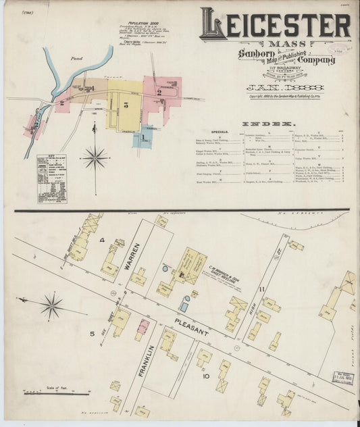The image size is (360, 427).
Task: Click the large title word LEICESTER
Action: [x=276, y=25]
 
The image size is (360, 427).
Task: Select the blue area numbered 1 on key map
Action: [x=143, y=137]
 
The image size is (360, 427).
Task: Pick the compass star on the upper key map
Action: [x=95, y=158]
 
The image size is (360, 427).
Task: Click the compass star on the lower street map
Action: [x=51, y=306]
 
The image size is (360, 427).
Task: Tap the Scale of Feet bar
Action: [x=45, y=393]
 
